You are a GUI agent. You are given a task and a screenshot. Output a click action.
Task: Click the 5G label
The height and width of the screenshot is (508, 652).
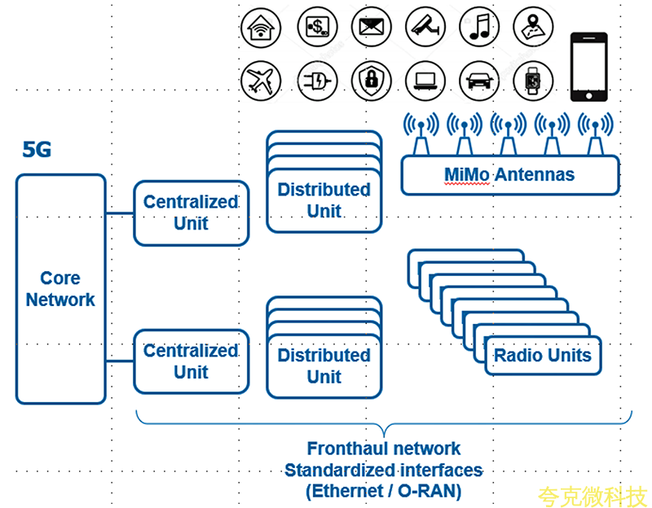pos(37,150)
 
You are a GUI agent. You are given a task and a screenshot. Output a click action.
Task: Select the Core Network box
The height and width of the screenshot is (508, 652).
pos(60,289)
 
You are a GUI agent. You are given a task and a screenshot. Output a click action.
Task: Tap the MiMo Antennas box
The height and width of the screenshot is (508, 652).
pos(509,174)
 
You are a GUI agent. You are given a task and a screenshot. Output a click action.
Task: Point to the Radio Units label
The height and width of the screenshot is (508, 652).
pos(543,355)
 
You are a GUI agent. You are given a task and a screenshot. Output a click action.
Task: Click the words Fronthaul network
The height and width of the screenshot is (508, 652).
pos(383,449)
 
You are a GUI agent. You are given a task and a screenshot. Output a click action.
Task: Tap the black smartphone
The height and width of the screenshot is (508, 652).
pos(588,67)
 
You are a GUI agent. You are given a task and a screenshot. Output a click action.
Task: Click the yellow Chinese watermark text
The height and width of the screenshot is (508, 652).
pos(592,494)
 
